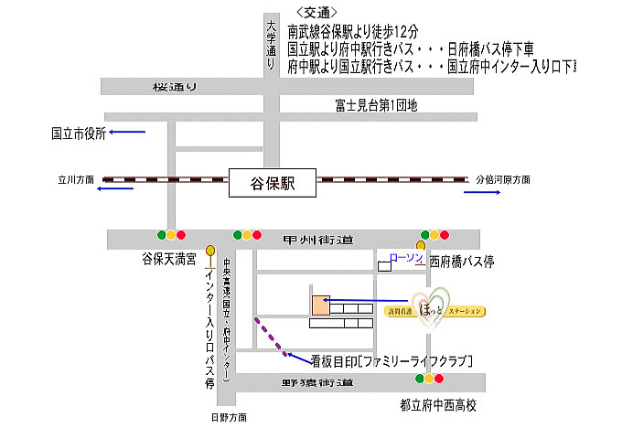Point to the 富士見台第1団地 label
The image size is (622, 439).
tap(376, 107)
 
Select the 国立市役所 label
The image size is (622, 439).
tap(78, 133)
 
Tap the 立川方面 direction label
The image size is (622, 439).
tap(76, 180)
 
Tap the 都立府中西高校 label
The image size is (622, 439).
tap(438, 404)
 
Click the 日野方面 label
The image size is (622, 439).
tap(229, 417)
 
